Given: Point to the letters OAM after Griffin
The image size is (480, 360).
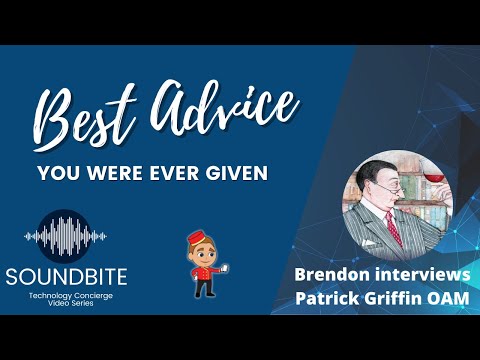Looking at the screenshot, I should tap(448, 297).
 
